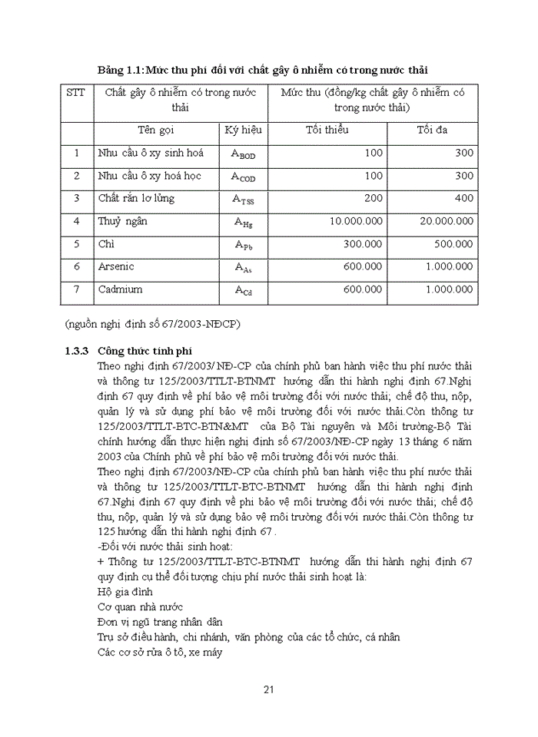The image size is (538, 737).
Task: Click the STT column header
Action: [x=75, y=93]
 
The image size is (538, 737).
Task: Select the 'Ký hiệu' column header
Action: [x=243, y=130]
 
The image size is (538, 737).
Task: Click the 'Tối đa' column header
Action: [x=432, y=130]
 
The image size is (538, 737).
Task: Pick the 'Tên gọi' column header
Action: [x=156, y=130]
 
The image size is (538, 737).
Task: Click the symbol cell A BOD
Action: [x=243, y=154]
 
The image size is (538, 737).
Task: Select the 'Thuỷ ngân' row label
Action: [x=122, y=222]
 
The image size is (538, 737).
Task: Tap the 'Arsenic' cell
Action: [x=116, y=267]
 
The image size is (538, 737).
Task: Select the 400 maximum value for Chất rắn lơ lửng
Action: [x=463, y=199]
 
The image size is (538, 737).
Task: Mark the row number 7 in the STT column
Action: [x=76, y=290]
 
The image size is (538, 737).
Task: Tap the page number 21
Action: [x=269, y=689]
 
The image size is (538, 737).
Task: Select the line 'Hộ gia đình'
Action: [x=125, y=592]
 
